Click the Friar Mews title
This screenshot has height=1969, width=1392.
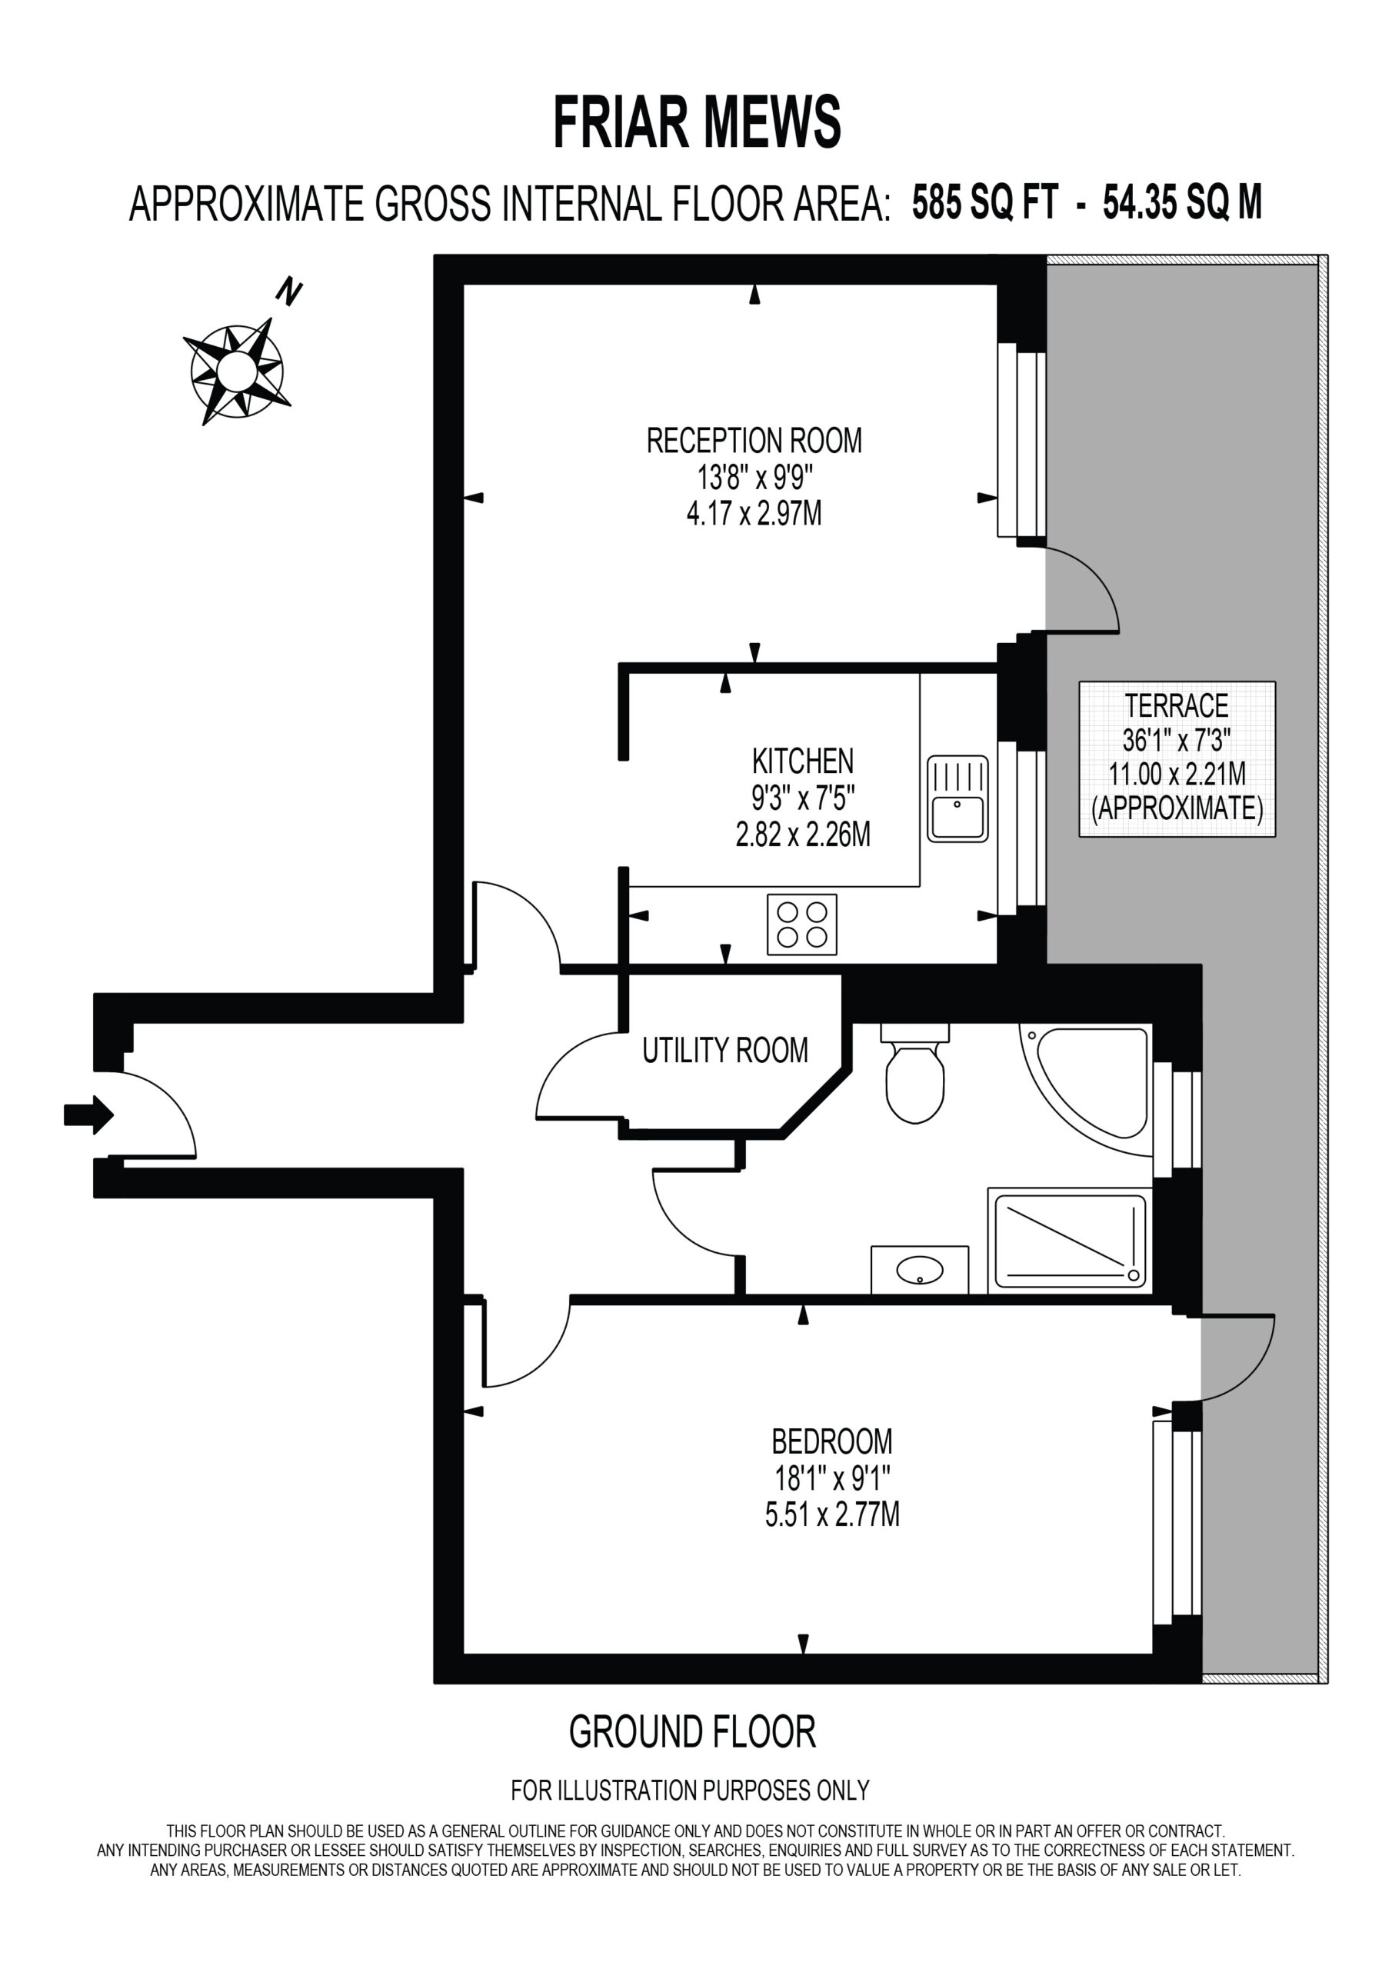pos(697,122)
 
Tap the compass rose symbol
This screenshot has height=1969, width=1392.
pos(237,371)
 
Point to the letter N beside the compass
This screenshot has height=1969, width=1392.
pos(289,292)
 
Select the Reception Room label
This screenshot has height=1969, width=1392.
pos(754,441)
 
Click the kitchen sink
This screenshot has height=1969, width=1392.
pos(957,798)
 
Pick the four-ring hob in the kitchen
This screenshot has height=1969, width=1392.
pos(802,925)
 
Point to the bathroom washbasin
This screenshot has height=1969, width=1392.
pos(920,1270)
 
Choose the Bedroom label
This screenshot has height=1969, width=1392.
pos(832,1441)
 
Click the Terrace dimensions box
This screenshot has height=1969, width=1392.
pos(1177,759)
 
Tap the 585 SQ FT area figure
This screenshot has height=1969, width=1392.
pos(984,203)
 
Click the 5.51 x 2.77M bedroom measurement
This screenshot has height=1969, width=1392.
pos(832,1515)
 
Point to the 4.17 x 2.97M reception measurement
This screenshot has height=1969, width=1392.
pos(754,514)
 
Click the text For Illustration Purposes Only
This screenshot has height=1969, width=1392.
pos(691,1791)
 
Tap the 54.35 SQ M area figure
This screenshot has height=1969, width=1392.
pos(1183,203)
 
